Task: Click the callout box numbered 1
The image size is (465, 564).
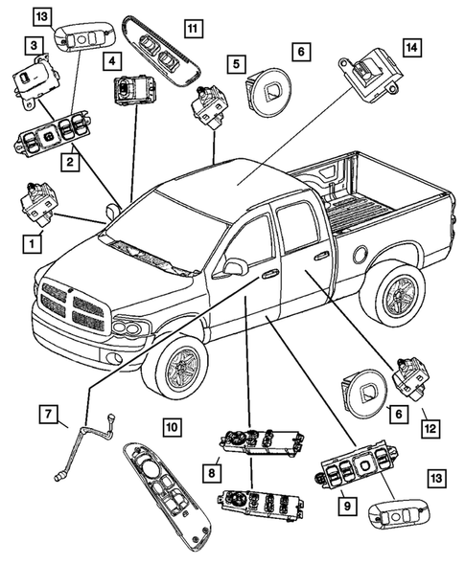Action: pyautogui.click(x=34, y=244)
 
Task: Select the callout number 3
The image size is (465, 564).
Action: pyautogui.click(x=34, y=44)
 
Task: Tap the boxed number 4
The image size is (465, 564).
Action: pyautogui.click(x=113, y=61)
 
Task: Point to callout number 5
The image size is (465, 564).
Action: pyautogui.click(x=234, y=62)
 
